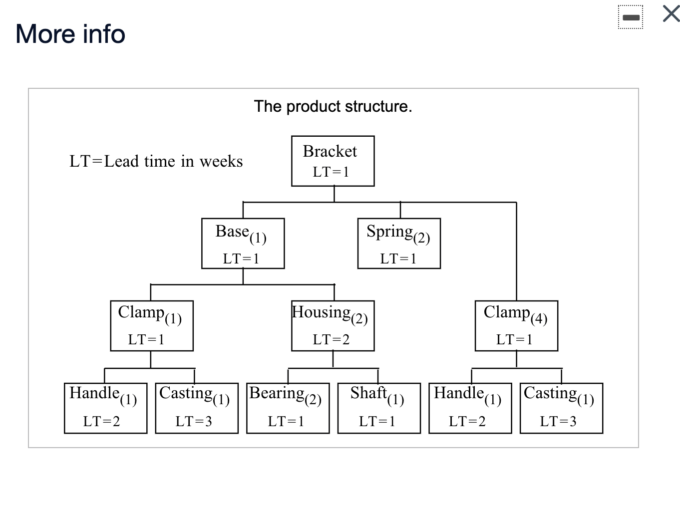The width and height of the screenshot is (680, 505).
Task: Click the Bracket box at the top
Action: tap(333, 161)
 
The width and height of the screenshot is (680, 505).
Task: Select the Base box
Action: tap(243, 243)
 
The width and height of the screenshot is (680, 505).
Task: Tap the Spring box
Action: tap(399, 243)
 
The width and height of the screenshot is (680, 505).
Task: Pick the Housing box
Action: tap(333, 325)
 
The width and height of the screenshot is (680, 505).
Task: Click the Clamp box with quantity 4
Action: tap(516, 325)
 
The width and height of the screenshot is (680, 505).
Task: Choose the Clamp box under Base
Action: tap(152, 325)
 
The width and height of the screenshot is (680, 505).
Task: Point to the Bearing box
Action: tap(288, 408)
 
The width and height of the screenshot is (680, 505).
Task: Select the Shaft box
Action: tap(379, 408)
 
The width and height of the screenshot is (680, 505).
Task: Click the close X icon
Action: tap(671, 13)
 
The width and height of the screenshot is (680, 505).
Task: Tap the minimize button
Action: tap(631, 17)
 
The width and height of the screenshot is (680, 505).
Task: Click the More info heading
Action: tap(70, 34)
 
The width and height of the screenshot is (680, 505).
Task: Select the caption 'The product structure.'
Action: tap(333, 106)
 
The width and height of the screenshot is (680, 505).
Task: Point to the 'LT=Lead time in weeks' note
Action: tap(156, 161)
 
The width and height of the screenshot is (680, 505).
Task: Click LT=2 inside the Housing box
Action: tap(331, 340)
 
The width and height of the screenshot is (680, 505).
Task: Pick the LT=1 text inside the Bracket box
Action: tap(331, 172)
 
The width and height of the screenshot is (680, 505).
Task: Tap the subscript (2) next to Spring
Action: tap(421, 238)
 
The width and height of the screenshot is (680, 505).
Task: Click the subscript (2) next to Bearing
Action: tap(313, 399)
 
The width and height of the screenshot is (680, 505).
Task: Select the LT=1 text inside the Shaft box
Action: tap(377, 422)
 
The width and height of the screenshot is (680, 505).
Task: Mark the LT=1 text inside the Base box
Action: tap(241, 259)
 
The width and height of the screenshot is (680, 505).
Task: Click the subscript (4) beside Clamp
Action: tap(539, 318)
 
